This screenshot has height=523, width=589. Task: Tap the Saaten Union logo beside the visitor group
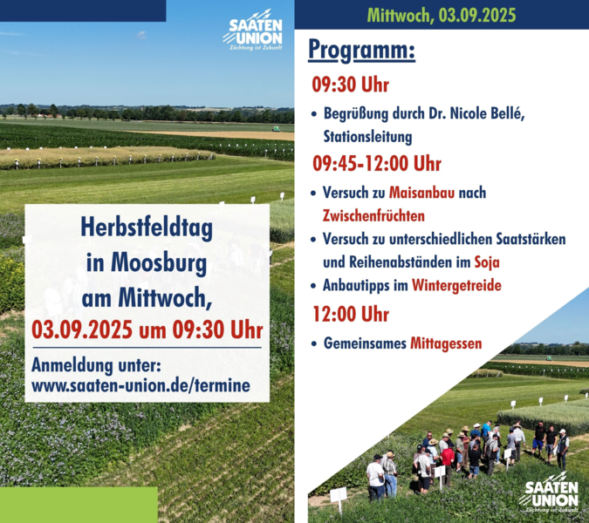(x=549, y=493)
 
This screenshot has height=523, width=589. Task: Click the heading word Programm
(x=362, y=51)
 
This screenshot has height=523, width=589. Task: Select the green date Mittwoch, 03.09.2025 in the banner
(x=442, y=16)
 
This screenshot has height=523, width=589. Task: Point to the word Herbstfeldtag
(x=147, y=228)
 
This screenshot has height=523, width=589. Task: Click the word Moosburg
(x=159, y=263)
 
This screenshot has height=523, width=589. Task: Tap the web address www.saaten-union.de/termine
(x=140, y=385)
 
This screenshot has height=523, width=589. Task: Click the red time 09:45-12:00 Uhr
(x=377, y=164)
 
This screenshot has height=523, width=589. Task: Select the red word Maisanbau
(x=421, y=193)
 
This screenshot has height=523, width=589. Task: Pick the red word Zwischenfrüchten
(x=373, y=215)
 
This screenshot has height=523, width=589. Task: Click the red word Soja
(x=487, y=261)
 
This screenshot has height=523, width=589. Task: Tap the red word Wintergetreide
(x=456, y=285)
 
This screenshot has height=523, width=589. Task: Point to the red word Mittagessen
(x=446, y=343)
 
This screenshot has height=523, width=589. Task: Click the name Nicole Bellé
(x=487, y=113)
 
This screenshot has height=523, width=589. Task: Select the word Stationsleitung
(x=367, y=137)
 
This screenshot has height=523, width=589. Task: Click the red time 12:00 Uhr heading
(x=351, y=314)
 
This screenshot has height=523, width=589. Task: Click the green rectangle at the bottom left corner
(x=79, y=505)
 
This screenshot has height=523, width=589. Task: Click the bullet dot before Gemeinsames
(x=314, y=343)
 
